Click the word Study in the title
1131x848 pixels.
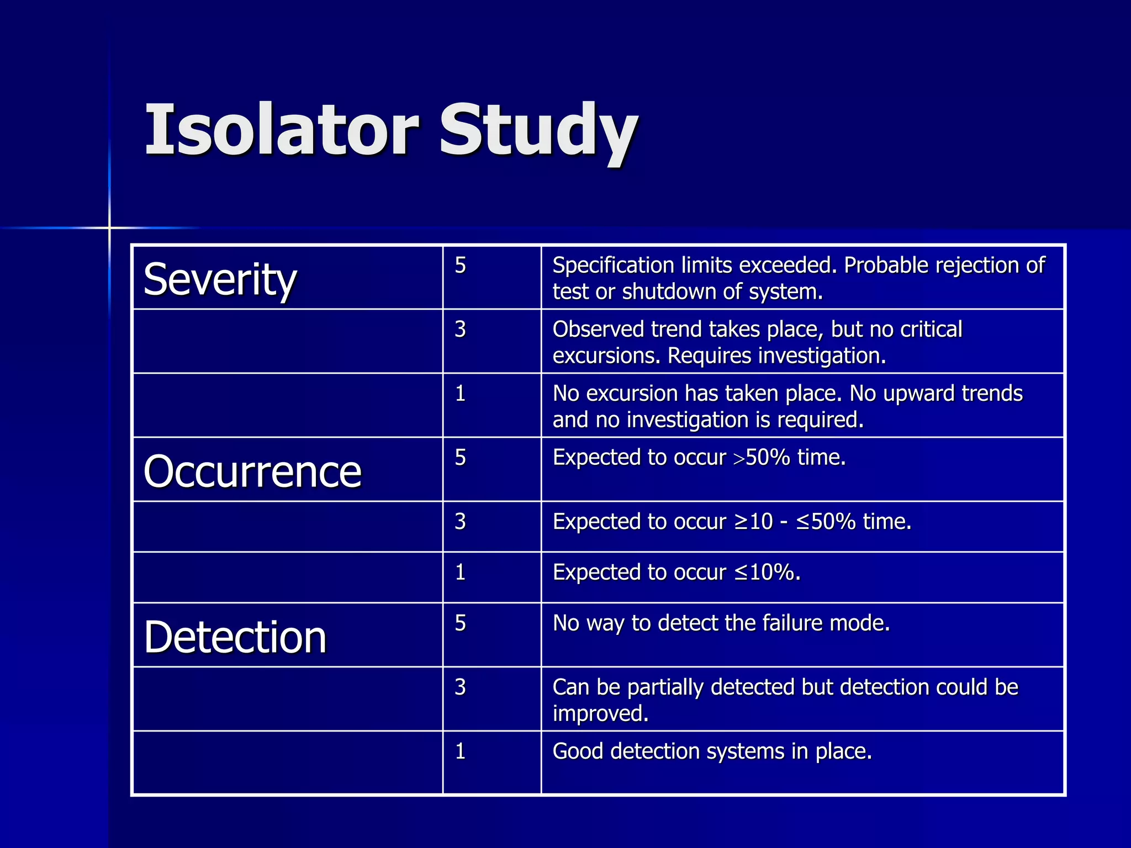tap(538, 132)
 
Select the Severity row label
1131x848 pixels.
tap(220, 279)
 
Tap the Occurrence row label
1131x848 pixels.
tap(252, 471)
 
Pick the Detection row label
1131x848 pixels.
tap(235, 637)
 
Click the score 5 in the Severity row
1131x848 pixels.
tap(461, 266)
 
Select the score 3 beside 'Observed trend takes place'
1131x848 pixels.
tap(461, 330)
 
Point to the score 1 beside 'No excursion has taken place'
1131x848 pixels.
tap(461, 394)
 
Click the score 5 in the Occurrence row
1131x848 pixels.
tap(461, 458)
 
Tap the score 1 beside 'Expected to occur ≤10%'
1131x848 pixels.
tap(461, 573)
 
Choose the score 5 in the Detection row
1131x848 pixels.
tap(461, 623)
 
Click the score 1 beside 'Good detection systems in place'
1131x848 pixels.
tap(461, 751)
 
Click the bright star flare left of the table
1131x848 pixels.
tap(109, 227)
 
